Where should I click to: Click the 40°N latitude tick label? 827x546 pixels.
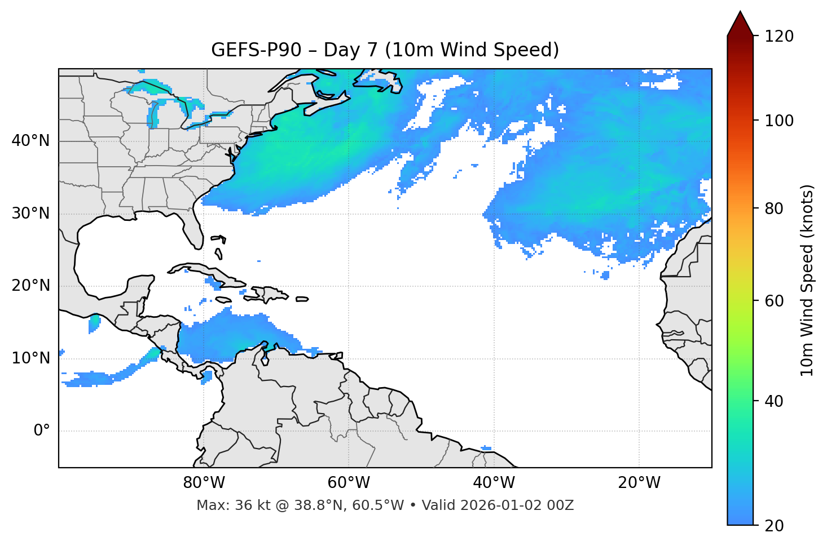[30, 141]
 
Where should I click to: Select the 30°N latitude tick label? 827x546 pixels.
[30, 214]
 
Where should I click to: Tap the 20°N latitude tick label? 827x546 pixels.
[30, 286]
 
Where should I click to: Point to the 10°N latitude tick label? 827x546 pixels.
[30, 358]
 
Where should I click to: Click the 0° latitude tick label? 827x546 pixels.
[42, 431]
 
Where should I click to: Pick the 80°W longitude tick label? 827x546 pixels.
[204, 483]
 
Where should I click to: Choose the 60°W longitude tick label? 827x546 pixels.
[349, 483]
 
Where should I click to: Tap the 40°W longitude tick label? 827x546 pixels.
[494, 483]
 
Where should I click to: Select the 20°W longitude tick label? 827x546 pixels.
[639, 483]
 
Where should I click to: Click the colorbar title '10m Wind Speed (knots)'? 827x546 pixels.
[807, 281]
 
